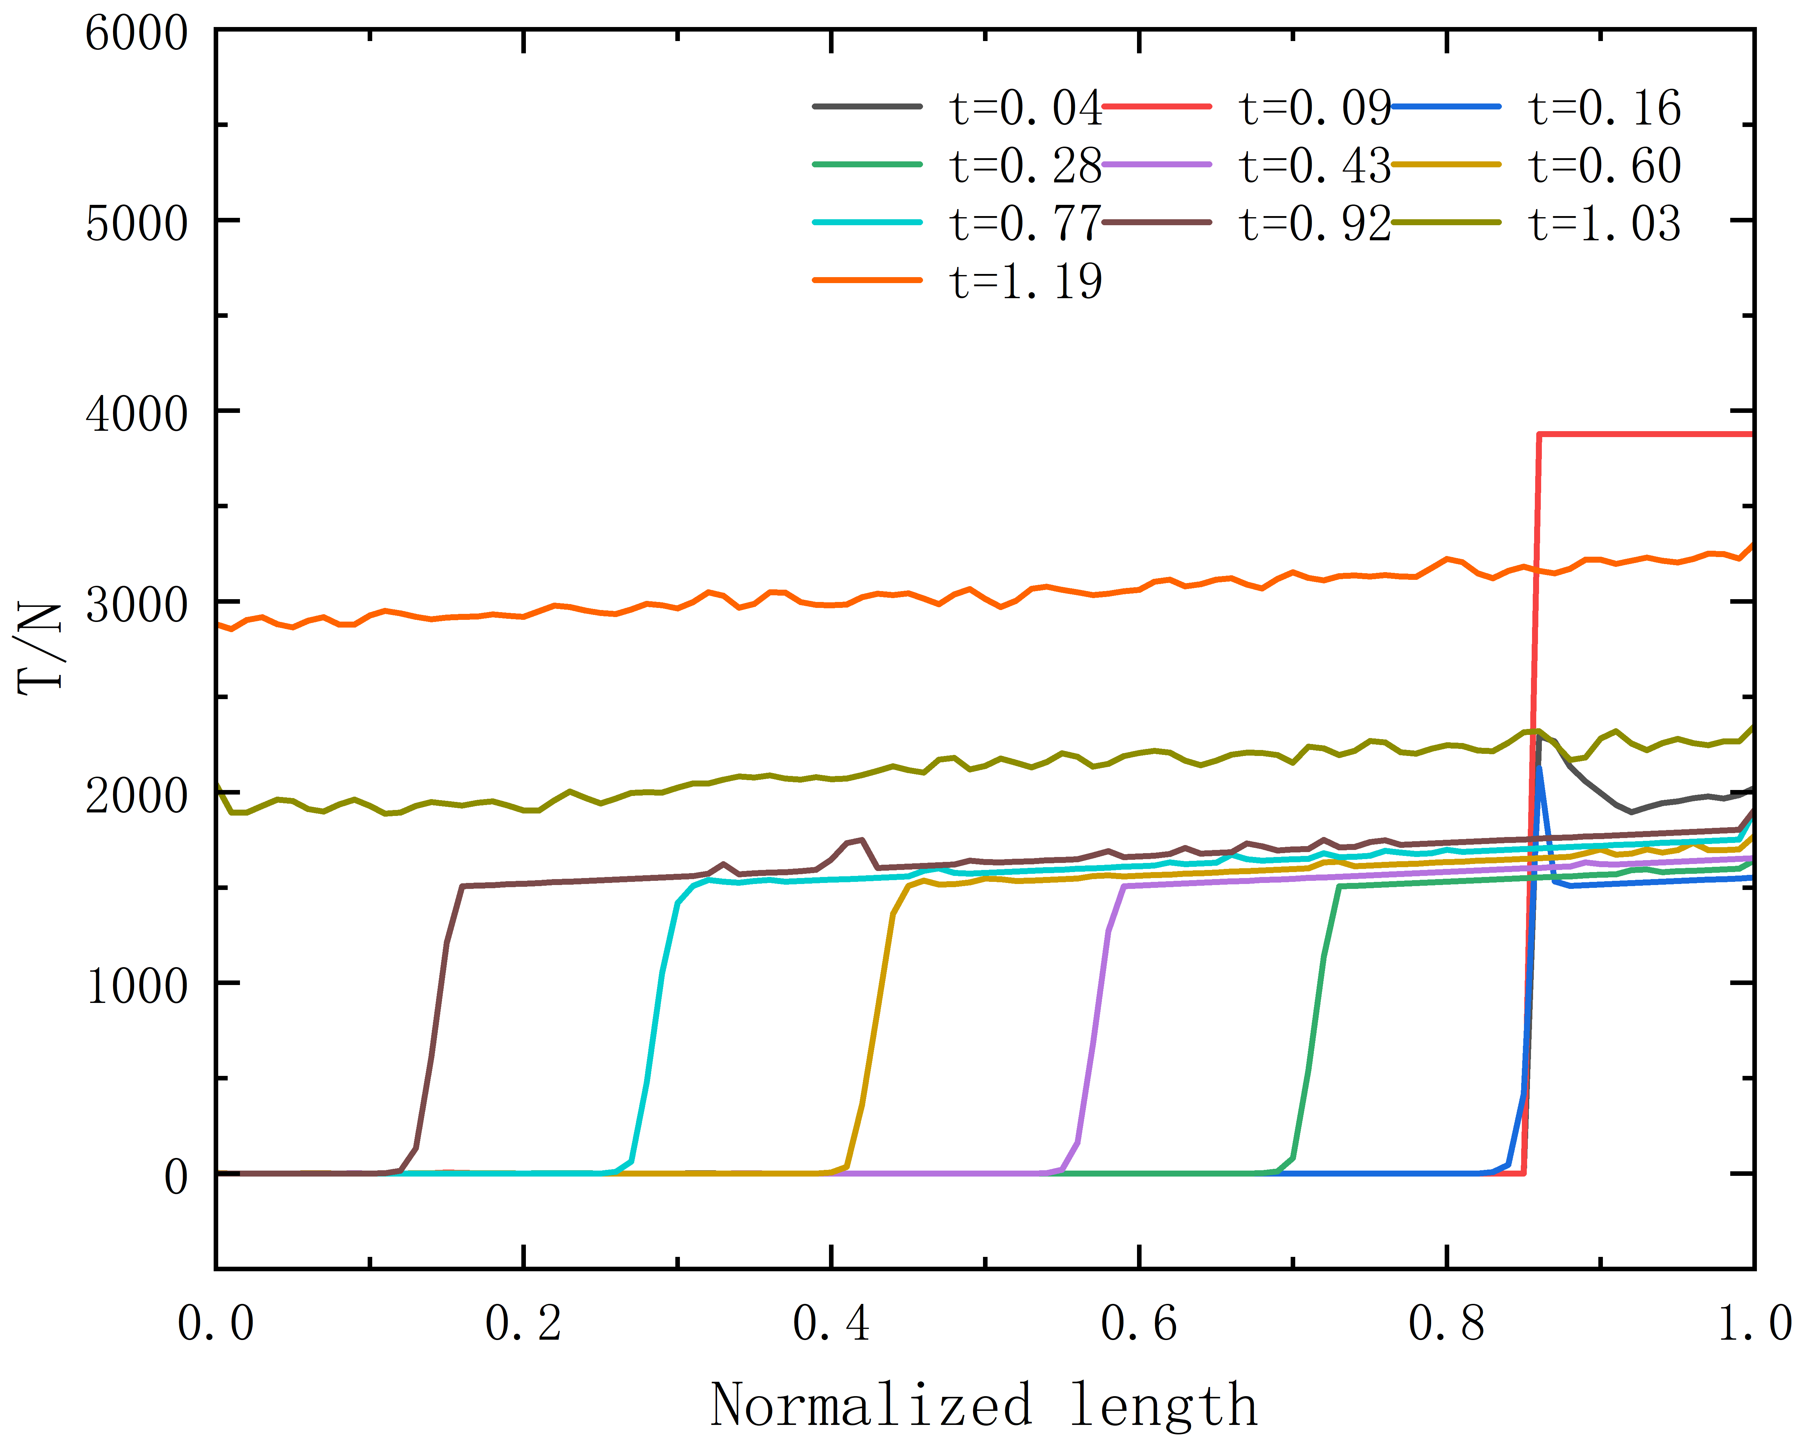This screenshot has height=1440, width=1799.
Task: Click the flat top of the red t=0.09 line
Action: pyautogui.click(x=1645, y=434)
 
